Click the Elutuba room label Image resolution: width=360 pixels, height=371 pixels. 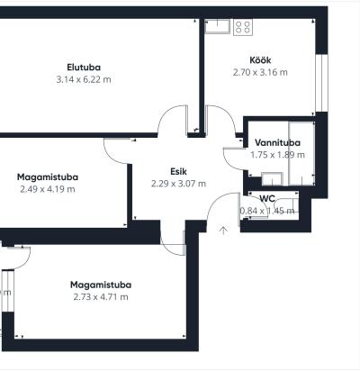[x=84, y=68]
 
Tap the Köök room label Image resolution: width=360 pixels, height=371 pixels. [x=260, y=60]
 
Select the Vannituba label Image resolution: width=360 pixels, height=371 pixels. [x=277, y=142]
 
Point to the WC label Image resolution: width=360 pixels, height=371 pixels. [x=267, y=198]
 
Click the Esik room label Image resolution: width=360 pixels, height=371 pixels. [x=178, y=171]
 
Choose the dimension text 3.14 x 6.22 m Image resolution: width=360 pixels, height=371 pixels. [x=84, y=79]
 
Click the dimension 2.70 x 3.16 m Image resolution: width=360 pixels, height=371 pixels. [x=260, y=72]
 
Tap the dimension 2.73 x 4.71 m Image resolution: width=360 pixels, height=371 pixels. [x=101, y=297]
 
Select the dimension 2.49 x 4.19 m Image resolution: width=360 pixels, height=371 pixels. [x=48, y=189]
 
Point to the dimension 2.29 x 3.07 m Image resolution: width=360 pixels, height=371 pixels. [x=178, y=184]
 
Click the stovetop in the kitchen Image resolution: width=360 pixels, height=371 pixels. [x=243, y=27]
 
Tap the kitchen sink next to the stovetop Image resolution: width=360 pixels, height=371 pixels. [x=217, y=26]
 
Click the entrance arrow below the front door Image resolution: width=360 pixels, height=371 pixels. [x=223, y=231]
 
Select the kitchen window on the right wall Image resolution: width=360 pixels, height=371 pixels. [x=321, y=83]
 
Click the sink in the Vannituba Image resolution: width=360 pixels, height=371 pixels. [x=273, y=179]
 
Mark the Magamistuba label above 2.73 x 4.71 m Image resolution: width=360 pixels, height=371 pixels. [x=101, y=285]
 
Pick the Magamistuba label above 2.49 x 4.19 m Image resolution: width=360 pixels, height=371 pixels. [x=48, y=177]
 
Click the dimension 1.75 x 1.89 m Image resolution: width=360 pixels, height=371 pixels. [x=277, y=155]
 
